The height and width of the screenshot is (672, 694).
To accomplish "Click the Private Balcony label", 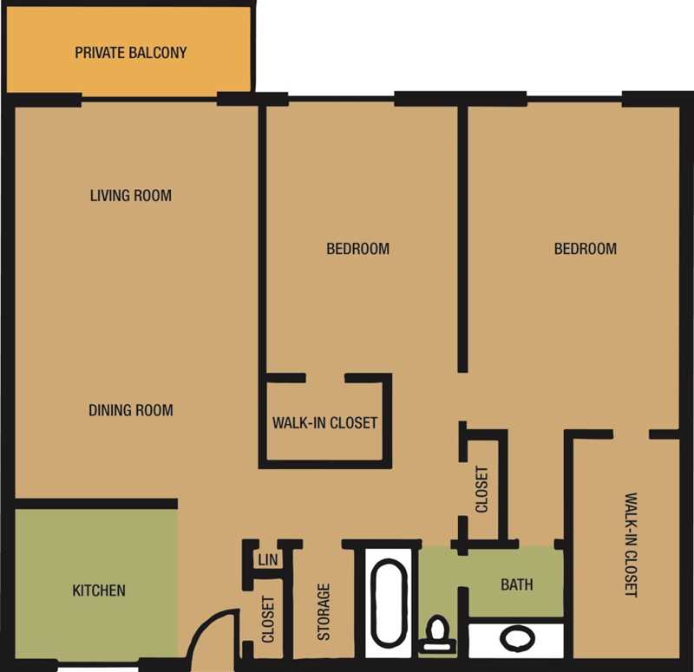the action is (x=131, y=53).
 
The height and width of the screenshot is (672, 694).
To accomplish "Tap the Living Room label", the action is (x=131, y=196).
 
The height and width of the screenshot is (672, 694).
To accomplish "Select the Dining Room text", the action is (x=131, y=410).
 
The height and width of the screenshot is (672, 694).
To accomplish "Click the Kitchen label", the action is (x=99, y=590).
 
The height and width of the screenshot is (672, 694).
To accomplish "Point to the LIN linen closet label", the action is (x=268, y=559).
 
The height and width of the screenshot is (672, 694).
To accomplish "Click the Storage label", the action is (x=324, y=612).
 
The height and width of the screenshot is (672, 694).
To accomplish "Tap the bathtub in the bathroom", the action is (x=389, y=602).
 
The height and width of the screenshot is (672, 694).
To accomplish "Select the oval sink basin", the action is (x=517, y=639).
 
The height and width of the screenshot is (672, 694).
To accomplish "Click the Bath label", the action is (x=516, y=584).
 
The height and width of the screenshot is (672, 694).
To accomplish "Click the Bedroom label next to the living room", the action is (x=357, y=249).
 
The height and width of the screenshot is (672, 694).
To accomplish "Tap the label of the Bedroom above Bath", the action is (x=585, y=249).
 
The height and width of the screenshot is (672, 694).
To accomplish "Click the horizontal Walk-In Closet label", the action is (x=324, y=423).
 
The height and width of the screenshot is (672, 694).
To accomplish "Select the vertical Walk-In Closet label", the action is (x=632, y=545).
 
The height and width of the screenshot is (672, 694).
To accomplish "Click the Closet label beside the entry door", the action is (x=268, y=619).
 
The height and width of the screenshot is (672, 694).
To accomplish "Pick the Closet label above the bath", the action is (x=481, y=489).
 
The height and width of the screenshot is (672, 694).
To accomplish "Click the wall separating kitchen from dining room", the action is (x=96, y=504).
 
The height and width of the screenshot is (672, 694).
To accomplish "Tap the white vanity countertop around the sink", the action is (x=516, y=639).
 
